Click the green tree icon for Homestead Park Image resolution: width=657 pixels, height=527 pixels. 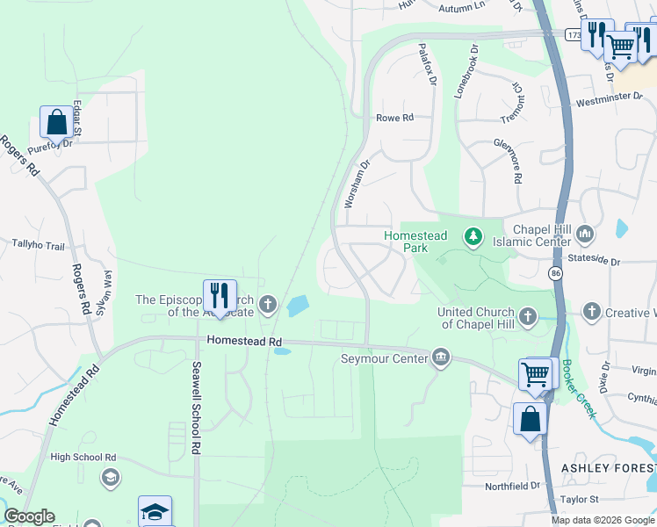point(473,236)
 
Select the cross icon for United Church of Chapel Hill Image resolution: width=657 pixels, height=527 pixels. point(527,315)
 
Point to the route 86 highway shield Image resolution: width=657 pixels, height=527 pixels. point(555,275)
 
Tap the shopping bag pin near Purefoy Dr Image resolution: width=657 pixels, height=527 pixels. point(57,123)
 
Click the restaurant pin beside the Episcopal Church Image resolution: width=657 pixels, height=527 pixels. point(220,295)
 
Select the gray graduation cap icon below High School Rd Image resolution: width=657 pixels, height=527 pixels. point(110,476)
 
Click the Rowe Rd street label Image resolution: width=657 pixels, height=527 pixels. point(394,118)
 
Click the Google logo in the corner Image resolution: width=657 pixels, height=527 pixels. point(29,516)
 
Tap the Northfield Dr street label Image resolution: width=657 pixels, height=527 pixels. point(516,485)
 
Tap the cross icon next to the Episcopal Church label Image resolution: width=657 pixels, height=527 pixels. point(268,305)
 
